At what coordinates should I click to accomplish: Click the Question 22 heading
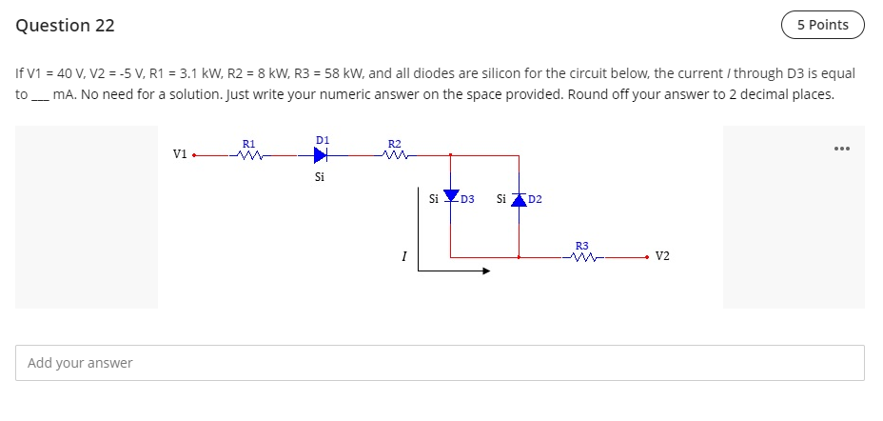(65, 26)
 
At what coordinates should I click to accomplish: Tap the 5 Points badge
(822, 25)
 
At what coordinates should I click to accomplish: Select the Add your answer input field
(440, 363)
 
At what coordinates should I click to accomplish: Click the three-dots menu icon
(839, 150)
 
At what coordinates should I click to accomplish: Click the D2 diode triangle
(519, 198)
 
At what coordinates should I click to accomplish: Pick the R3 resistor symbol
(582, 256)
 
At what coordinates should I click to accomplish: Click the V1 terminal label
(179, 153)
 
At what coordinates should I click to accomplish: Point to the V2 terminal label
(663, 256)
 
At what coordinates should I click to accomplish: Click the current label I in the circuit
(404, 255)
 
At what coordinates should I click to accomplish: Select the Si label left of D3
(434, 199)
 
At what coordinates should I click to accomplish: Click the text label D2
(535, 199)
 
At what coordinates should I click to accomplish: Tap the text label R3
(582, 246)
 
